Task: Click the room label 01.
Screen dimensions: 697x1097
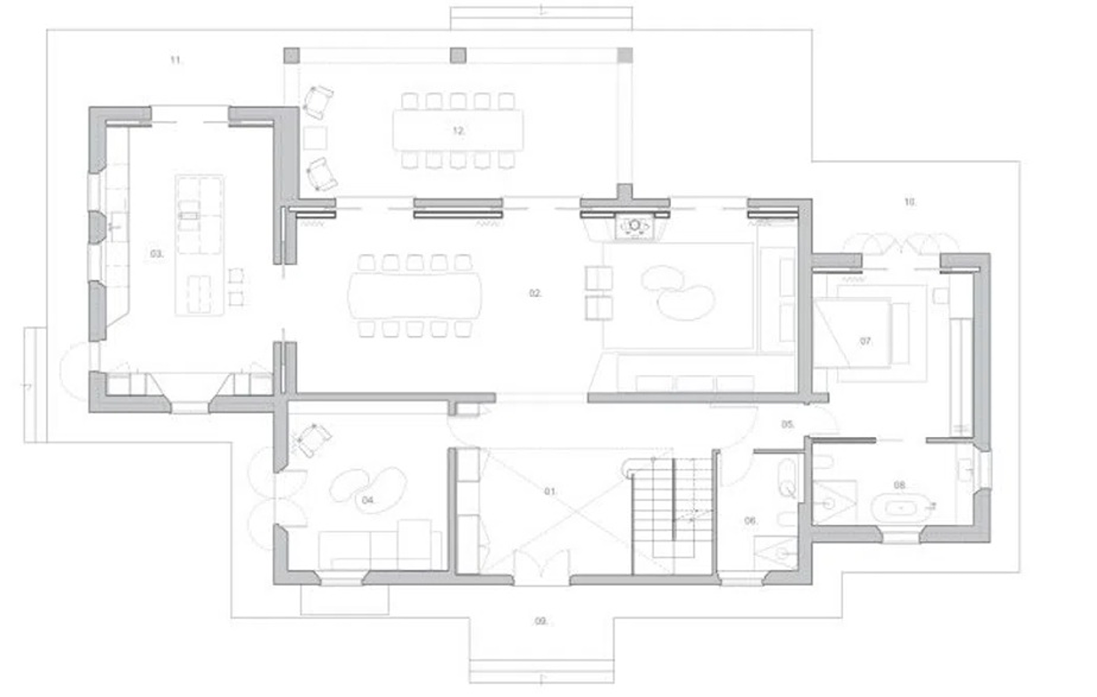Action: point(550,492)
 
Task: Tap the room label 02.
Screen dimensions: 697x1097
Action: point(535,293)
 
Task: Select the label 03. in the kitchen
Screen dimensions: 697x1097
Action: point(156,254)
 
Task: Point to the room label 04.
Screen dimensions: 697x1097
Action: point(368,500)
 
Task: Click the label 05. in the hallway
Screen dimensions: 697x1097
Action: point(787,425)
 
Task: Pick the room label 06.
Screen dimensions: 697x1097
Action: point(750,520)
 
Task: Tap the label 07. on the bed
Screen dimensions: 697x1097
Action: point(865,341)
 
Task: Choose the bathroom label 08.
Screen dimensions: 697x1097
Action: point(900,485)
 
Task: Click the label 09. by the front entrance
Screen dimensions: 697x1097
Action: point(541,621)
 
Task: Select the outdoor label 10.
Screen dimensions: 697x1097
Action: point(909,202)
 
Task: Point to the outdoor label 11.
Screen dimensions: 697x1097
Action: point(176,60)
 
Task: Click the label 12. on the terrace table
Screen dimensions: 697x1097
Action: point(459,131)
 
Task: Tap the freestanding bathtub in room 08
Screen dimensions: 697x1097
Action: point(901,508)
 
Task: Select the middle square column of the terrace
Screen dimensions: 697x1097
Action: point(458,56)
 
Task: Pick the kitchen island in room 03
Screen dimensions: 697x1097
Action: point(199,244)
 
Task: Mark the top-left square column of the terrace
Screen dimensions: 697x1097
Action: point(292,56)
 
